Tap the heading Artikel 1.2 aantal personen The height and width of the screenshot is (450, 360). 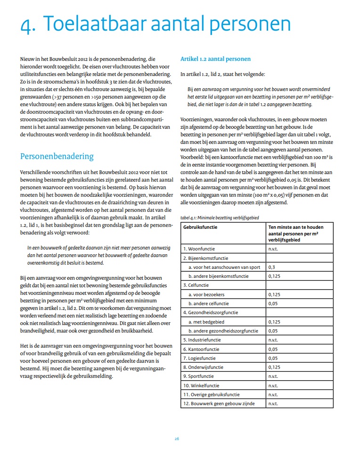[215, 59]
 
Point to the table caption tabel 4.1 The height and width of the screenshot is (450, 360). [220, 217]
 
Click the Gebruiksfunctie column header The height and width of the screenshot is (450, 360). [202, 227]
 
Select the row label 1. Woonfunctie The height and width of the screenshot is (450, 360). [201, 248]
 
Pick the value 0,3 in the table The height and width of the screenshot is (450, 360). [271, 267]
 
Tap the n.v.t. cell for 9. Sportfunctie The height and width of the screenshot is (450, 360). [273, 376]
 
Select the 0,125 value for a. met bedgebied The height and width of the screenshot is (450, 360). [274, 322]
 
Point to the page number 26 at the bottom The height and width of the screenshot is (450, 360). [177, 439]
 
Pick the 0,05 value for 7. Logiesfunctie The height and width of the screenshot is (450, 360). [273, 358]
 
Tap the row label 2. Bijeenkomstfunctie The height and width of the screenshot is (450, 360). [206, 258]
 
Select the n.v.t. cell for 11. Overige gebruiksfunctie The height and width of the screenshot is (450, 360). [273, 394]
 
